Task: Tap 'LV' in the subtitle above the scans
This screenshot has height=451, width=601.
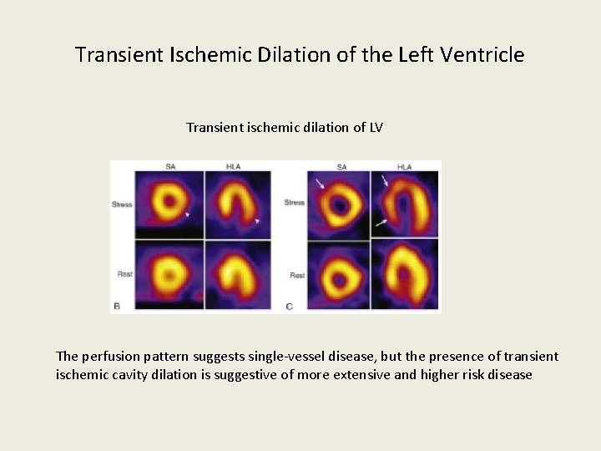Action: tap(375, 128)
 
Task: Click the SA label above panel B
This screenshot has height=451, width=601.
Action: tap(170, 167)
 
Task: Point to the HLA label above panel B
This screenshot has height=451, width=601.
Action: tap(235, 167)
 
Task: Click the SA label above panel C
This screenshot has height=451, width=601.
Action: tap(341, 167)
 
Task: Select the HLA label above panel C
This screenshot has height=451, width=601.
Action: tap(405, 167)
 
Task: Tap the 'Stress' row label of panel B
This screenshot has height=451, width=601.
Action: tap(122, 205)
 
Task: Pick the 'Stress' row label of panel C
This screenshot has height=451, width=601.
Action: tap(295, 203)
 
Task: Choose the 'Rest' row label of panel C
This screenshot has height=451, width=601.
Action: tap(297, 276)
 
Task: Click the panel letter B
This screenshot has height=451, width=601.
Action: tap(117, 307)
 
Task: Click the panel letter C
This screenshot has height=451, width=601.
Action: tap(289, 307)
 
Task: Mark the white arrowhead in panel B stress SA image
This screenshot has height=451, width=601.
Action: tap(187, 215)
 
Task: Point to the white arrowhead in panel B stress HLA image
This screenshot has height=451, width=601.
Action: tap(258, 220)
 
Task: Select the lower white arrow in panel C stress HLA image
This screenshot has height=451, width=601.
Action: tap(381, 221)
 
